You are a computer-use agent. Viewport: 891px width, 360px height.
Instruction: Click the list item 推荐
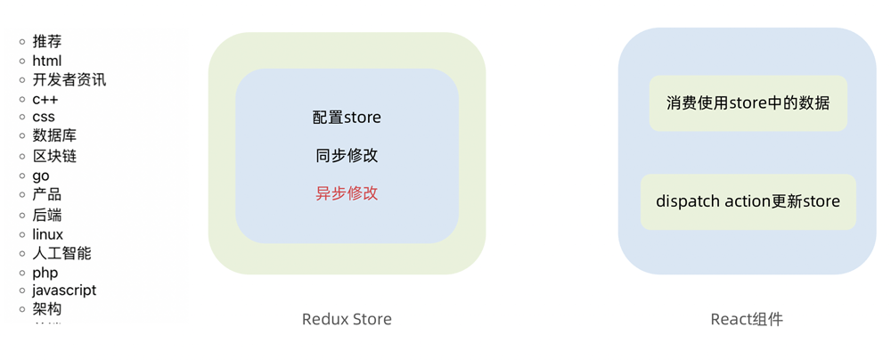(47, 41)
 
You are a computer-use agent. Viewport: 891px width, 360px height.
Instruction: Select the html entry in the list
(47, 61)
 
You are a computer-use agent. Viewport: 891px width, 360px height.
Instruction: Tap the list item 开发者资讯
(69, 79)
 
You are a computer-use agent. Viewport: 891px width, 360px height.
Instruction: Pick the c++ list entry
(45, 99)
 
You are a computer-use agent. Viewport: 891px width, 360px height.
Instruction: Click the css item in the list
(44, 117)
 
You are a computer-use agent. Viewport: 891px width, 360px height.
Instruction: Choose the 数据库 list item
(54, 135)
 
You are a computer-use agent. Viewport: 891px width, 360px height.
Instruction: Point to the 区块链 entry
(54, 156)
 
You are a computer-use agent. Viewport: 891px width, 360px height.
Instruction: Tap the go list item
(41, 176)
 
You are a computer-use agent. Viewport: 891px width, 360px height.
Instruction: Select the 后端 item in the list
(47, 215)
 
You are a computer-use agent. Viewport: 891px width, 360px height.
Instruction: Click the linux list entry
(48, 234)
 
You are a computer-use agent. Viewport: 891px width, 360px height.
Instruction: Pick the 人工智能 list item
(61, 253)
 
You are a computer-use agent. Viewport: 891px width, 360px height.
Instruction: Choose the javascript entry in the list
(64, 290)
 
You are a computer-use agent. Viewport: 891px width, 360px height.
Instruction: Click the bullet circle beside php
(22, 273)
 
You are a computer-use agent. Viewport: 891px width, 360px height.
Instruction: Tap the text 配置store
(347, 117)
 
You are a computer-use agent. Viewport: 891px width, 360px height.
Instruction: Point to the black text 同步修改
(347, 155)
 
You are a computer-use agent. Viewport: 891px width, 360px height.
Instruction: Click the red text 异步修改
(347, 192)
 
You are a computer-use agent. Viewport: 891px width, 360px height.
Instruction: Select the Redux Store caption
(347, 319)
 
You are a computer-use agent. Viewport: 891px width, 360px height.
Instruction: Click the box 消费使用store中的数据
(748, 102)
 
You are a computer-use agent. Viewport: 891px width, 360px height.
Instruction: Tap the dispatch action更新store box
(748, 201)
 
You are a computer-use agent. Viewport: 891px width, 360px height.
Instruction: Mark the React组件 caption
(747, 319)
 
